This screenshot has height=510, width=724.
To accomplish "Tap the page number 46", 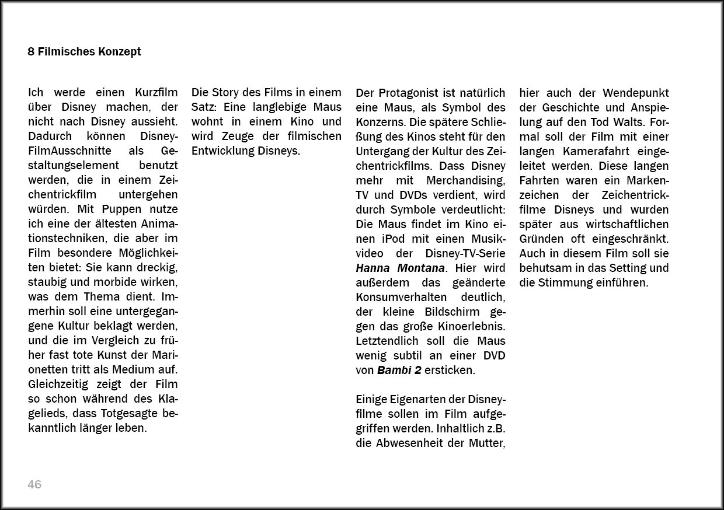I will pos(34,484).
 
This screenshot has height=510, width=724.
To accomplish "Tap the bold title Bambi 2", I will pos(399,370).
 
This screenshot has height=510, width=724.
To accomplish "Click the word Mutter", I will pos(487,443).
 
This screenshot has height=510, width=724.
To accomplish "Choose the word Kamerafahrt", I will pos(595,151).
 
